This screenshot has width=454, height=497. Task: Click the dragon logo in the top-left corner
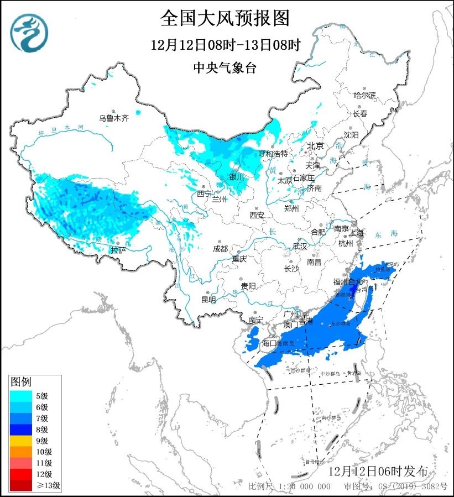[x=29, y=32]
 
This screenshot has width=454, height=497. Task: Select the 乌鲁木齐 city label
[x=113, y=118]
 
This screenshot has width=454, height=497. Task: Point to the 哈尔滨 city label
[x=364, y=96]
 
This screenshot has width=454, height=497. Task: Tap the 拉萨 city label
[x=118, y=250]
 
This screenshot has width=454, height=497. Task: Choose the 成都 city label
[x=220, y=249]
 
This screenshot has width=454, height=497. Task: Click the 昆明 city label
[x=208, y=299]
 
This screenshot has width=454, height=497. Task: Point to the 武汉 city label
[x=299, y=246]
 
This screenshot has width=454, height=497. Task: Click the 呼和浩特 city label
[x=274, y=153]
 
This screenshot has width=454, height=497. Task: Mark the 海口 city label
[x=269, y=343]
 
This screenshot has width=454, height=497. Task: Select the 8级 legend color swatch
[x=22, y=429]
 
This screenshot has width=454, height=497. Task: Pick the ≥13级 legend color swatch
[x=22, y=485]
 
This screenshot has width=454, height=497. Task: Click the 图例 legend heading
[x=22, y=382]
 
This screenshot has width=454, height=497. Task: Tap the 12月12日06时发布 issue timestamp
[x=377, y=471]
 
